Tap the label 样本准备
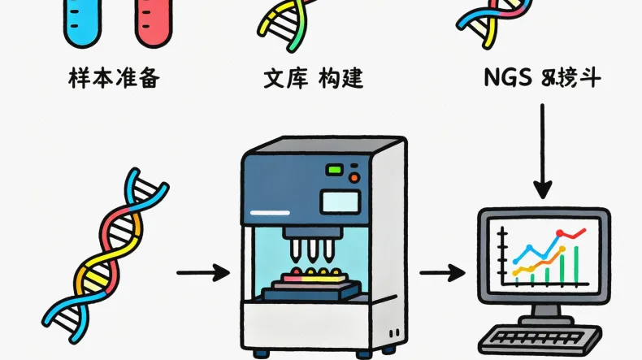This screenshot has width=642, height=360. [x=113, y=80]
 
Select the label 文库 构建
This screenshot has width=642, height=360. [x=313, y=80]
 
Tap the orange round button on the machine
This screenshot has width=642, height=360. [x=354, y=176]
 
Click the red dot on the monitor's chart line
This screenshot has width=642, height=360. [x=559, y=236]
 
